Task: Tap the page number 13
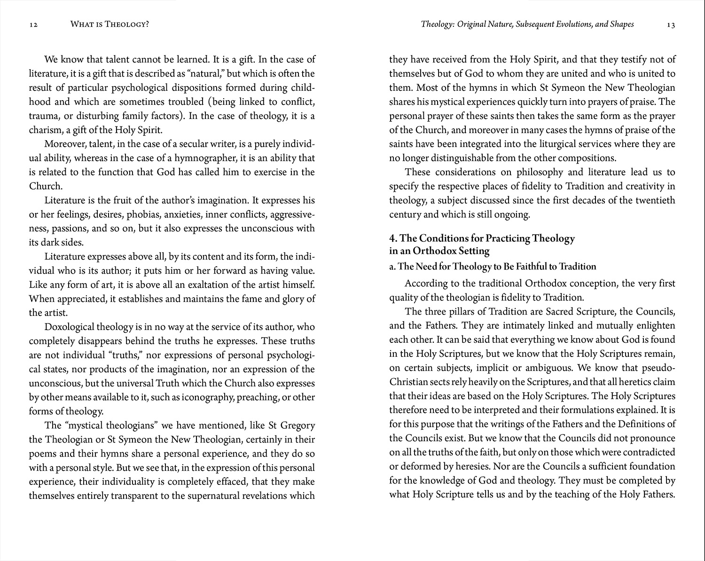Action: click(x=671, y=25)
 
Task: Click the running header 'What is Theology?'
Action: click(x=109, y=24)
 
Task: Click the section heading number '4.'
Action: click(x=393, y=238)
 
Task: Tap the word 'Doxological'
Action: click(x=69, y=327)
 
